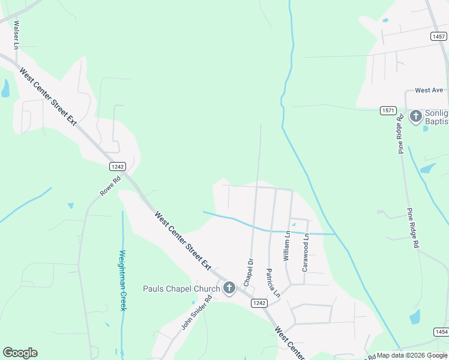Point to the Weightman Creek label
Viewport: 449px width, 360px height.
(122, 280)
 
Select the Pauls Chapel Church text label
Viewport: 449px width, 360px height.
(181, 289)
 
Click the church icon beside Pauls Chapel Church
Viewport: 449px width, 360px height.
(229, 289)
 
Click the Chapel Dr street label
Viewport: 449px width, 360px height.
(248, 272)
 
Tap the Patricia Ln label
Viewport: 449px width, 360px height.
(273, 283)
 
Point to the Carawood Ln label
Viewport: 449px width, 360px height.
(305, 253)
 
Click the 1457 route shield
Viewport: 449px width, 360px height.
(438, 37)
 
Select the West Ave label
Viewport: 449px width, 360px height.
(429, 90)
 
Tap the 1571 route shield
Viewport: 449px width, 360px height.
(388, 110)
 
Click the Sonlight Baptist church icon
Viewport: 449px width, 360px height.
(415, 116)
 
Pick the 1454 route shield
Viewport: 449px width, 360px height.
(441, 332)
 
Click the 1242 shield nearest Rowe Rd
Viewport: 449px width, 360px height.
(117, 166)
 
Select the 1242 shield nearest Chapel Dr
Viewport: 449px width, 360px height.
(259, 304)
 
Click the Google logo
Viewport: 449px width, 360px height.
(20, 353)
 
